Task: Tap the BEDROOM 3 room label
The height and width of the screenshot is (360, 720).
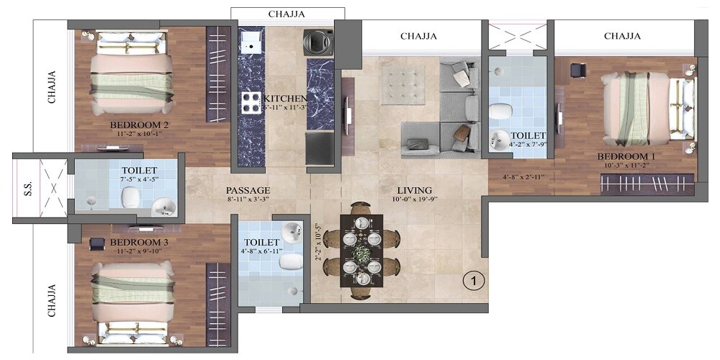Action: pyautogui.click(x=139, y=243)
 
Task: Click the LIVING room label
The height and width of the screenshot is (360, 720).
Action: pyautogui.click(x=414, y=190)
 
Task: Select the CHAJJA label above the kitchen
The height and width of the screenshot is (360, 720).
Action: pyautogui.click(x=287, y=14)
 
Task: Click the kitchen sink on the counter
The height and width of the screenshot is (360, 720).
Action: pyautogui.click(x=251, y=42)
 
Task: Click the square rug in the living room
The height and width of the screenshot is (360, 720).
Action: pyautogui.click(x=405, y=85)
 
